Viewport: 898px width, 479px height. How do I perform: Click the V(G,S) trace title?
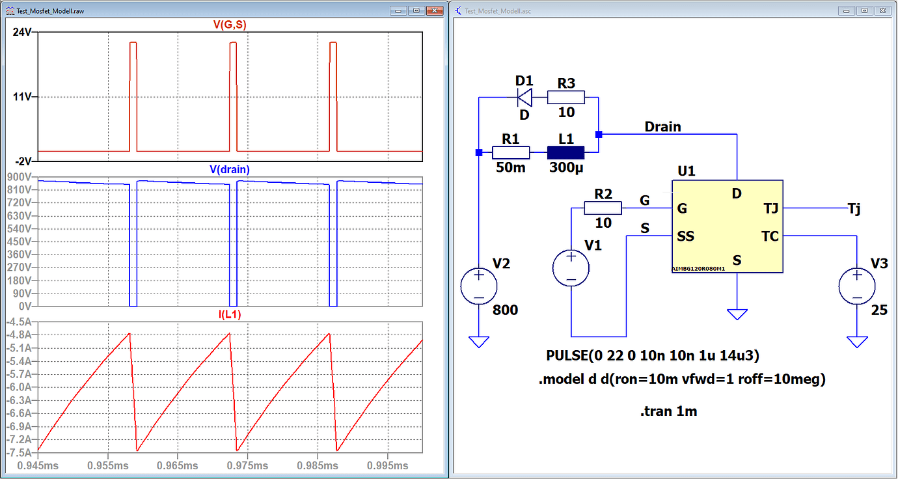(230, 25)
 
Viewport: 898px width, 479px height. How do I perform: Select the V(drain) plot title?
(230, 169)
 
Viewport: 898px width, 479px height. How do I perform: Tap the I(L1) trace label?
(230, 314)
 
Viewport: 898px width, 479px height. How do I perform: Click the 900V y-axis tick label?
(20, 177)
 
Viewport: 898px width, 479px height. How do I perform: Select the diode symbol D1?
(524, 98)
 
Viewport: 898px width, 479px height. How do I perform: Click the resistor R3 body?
(565, 98)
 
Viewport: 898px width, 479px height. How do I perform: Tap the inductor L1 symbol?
(565, 153)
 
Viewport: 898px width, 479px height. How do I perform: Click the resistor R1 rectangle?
(511, 153)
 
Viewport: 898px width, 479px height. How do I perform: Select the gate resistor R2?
(603, 208)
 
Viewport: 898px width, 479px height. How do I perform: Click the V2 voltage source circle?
(478, 287)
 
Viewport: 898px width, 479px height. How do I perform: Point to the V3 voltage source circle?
(857, 287)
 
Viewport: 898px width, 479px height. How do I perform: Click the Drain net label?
(662, 126)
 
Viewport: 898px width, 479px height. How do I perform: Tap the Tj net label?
(854, 208)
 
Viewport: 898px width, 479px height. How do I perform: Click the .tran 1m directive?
(668, 411)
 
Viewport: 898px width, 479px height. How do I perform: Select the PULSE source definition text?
(653, 356)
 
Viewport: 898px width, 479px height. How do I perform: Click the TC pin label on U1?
(770, 236)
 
